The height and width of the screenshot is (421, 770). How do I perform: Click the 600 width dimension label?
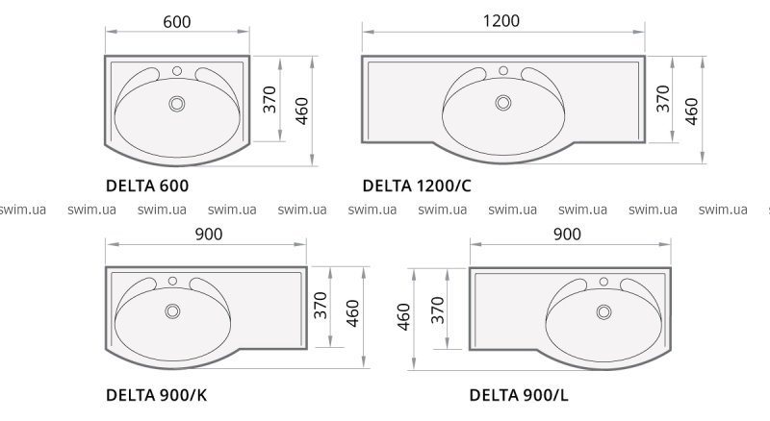pos(177,22)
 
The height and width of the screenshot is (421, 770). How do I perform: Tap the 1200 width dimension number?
pos(500,20)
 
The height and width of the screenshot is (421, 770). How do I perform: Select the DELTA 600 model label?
pos(147,186)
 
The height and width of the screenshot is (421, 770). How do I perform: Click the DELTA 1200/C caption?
pos(417,186)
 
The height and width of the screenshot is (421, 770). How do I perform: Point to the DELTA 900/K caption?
pos(157,395)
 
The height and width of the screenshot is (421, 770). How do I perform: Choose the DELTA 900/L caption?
pos(519,395)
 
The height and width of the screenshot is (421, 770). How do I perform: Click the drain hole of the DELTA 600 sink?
pos(177,104)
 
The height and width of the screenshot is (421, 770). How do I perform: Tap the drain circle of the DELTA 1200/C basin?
pos(503,103)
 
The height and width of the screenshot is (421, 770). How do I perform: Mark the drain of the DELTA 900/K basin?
pos(172,311)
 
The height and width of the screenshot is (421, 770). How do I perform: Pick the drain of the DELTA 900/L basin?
pos(603,312)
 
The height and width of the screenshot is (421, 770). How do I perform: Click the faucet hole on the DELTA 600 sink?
pos(177,71)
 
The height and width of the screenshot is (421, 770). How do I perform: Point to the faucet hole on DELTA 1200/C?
pos(502,71)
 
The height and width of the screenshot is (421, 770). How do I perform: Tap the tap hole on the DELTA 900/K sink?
pos(172,282)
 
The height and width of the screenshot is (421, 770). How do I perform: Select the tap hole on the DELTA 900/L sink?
pos(603,282)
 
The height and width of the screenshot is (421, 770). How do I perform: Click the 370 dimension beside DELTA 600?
pos(269,99)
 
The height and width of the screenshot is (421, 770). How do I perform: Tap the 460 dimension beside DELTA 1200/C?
pos(691,111)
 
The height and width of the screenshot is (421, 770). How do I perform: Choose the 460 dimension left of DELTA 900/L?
pos(403,317)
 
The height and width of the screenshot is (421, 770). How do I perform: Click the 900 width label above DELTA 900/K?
pos(209,235)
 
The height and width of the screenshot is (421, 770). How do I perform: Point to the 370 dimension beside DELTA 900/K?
pos(321,306)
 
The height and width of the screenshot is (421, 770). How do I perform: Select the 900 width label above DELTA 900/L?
pos(567,235)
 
